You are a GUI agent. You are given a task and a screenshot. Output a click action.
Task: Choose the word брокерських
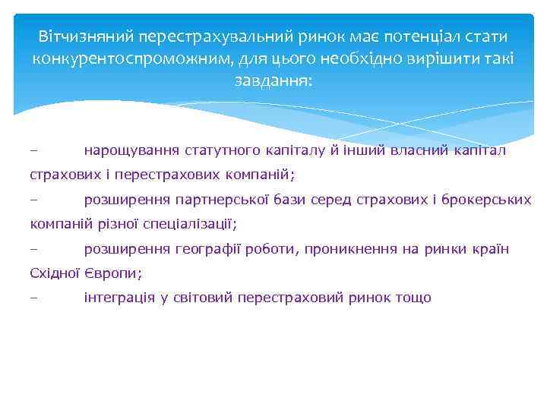tap(488, 200)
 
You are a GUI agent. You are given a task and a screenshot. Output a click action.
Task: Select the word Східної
tap(55, 273)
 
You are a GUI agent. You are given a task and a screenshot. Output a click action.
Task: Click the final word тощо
tap(413, 298)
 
